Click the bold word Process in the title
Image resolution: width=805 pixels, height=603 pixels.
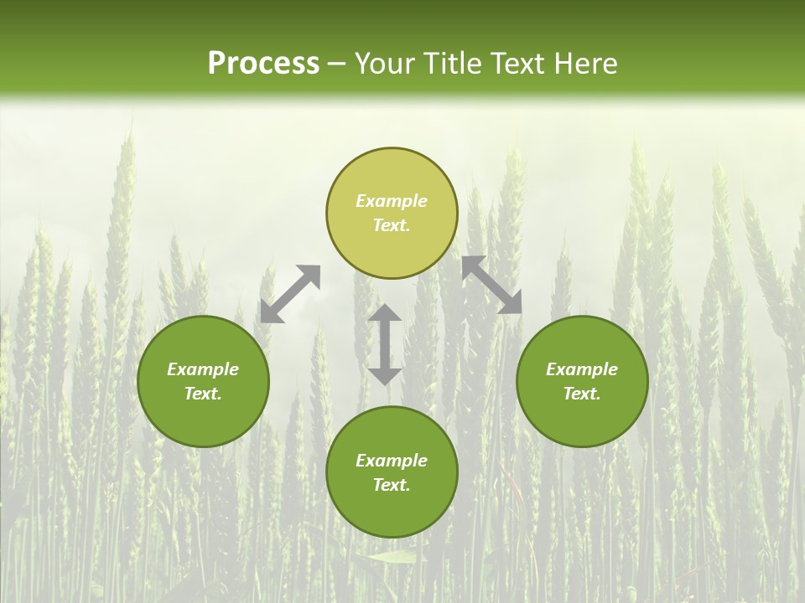pyautogui.click(x=263, y=64)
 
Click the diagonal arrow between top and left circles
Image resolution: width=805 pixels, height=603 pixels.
pyautogui.click(x=290, y=294)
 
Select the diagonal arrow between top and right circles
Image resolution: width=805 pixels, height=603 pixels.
pyautogui.click(x=491, y=285)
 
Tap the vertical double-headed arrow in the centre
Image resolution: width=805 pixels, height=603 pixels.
pyautogui.click(x=385, y=344)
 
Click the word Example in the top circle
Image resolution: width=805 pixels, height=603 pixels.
pyautogui.click(x=392, y=201)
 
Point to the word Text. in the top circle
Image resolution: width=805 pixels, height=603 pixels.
pyautogui.click(x=392, y=225)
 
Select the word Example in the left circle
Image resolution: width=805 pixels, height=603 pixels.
pyautogui.click(x=203, y=369)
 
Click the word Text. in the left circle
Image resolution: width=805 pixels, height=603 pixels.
pyautogui.click(x=203, y=394)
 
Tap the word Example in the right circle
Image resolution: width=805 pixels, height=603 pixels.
pyautogui.click(x=582, y=369)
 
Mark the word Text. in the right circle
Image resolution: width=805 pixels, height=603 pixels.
pyautogui.click(x=582, y=394)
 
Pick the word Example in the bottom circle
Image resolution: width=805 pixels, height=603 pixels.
pyautogui.click(x=392, y=461)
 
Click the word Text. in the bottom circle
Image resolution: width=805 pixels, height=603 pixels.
pyautogui.click(x=392, y=485)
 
